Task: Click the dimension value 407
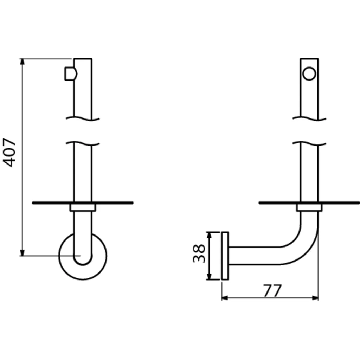point(9,152)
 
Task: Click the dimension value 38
point(199,253)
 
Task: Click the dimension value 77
point(272,291)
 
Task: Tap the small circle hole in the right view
point(309,74)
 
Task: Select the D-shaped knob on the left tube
point(71,74)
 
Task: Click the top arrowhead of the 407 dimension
point(22,62)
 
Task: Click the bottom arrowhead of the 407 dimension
point(22,252)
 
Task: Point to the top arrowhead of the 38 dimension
point(209,235)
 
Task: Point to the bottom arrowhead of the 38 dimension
point(209,276)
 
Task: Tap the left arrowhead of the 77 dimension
point(225,298)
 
